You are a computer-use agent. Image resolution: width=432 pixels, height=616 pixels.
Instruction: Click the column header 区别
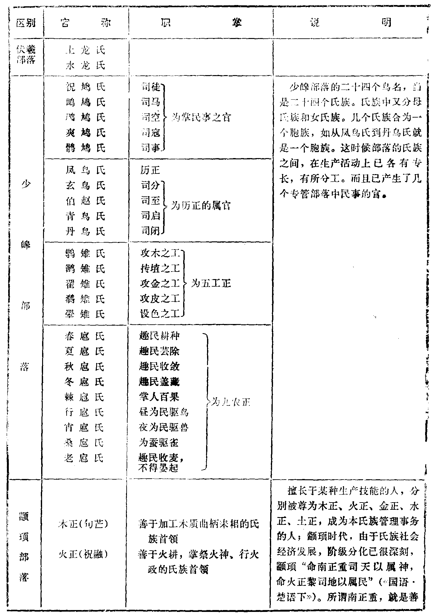pos(26,23)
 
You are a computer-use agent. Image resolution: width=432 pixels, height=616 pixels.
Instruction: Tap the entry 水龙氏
pos(85,66)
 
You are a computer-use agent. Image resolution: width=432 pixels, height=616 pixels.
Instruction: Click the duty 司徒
pos(150,87)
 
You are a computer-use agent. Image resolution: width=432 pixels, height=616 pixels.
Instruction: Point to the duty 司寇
pos(150,133)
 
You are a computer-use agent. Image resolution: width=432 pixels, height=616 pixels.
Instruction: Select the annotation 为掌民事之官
pos(201,118)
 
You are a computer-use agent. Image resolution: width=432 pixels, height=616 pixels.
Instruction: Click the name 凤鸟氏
pos(85,170)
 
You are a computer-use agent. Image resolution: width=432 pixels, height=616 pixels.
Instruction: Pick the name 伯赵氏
pos(85,201)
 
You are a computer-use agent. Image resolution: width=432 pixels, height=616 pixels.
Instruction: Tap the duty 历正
pos(150,170)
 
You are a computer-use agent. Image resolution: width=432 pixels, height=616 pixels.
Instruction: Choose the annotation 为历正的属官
pos(201,206)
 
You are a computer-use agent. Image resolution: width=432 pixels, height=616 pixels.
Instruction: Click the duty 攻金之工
pos(160,284)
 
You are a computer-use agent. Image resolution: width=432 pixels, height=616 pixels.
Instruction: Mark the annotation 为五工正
pos(211,284)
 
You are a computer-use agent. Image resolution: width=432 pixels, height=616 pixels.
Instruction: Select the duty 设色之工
pos(160,314)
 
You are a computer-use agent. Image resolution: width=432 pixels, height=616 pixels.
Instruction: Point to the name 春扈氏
pos(84,336)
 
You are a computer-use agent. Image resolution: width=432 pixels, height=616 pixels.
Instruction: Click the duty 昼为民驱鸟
pos(163,412)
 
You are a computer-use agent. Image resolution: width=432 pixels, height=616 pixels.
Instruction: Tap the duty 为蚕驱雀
pos(159,443)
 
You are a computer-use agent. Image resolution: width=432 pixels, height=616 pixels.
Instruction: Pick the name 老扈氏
pos(84,458)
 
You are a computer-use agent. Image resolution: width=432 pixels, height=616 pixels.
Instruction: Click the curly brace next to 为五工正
pos(184,284)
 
